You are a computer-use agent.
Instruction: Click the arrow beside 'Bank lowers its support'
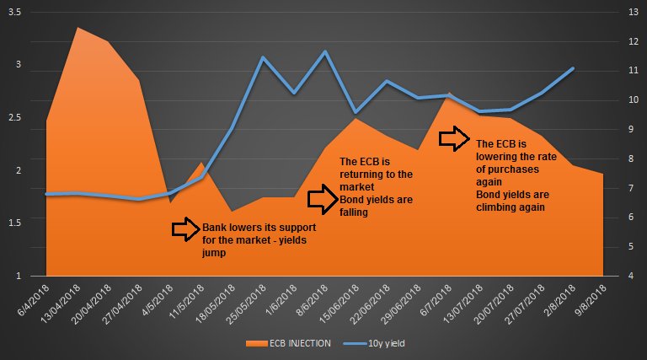(x=184, y=228)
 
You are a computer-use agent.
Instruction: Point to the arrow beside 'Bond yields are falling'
(x=321, y=200)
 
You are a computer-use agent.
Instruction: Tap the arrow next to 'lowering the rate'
(x=456, y=138)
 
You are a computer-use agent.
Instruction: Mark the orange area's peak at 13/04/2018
(x=78, y=28)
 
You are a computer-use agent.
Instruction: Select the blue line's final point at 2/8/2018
(x=574, y=68)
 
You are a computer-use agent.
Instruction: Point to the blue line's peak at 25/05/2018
(x=263, y=57)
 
